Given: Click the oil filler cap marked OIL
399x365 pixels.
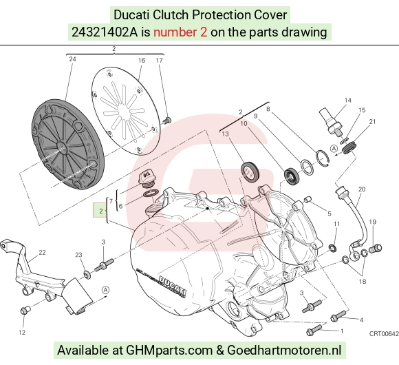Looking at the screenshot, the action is pos(147,180).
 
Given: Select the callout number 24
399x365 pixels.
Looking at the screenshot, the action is pos(72,59).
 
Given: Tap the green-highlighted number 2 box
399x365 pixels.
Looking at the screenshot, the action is pos(100,210).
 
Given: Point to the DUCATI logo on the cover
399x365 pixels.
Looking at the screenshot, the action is pos(172,285).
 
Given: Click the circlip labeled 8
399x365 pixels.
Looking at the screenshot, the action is pos(323,158).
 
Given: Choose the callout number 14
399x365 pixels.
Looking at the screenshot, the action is pos(347,101).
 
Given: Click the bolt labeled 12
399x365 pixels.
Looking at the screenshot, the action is pos(25,311).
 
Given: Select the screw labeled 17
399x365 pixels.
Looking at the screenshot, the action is pos(167,121).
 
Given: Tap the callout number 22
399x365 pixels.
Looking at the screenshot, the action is pos(42,253).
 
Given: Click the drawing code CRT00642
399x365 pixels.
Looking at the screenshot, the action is pos(384,334).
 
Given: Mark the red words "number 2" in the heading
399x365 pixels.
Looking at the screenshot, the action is pos(180,32).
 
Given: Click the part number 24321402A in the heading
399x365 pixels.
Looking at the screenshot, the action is pos(105,32).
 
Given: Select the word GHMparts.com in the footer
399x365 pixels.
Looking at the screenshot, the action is pos(169,351).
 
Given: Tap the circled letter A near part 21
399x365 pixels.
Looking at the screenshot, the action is pos(334,149).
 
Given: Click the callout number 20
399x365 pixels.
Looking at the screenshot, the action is pos(362,189).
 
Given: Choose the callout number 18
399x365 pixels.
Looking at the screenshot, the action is pos(363,282).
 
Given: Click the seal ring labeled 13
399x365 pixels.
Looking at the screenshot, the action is pos(250,172).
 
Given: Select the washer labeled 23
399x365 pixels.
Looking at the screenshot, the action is pos(87,275).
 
